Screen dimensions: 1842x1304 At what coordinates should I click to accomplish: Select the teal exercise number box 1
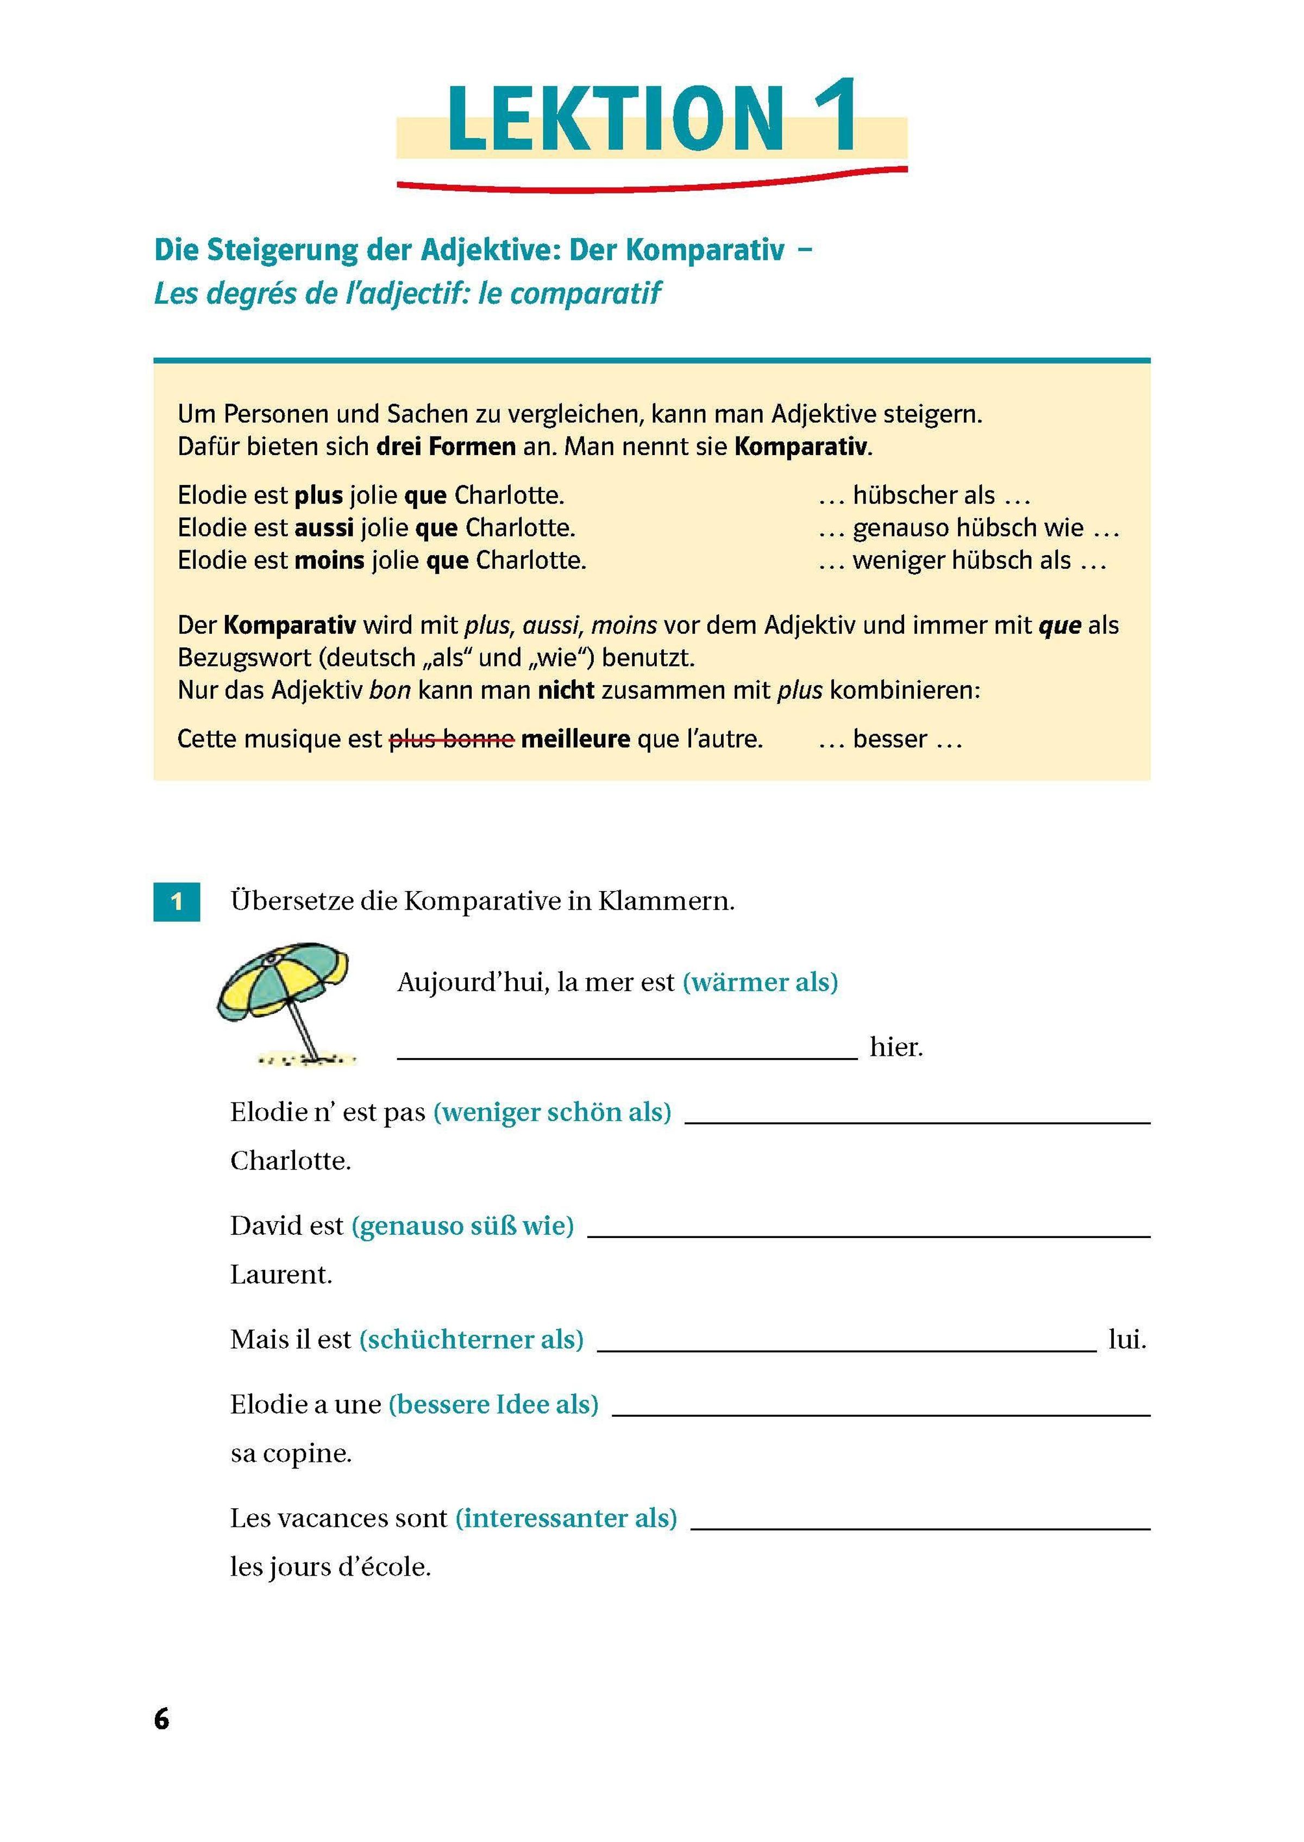pos(177,901)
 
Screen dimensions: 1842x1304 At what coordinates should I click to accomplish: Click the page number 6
pos(161,1719)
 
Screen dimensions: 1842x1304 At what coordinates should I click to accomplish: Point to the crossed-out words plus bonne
pos(452,738)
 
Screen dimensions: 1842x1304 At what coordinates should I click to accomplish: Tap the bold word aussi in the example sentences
pos(324,528)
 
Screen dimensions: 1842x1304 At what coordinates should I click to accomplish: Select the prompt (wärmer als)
pos(760,982)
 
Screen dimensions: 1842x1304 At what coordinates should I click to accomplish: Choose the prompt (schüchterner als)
pos(471,1339)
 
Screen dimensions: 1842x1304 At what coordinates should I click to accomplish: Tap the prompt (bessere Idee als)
pos(493,1404)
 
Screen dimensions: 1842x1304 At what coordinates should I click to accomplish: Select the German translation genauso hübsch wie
pos(968,528)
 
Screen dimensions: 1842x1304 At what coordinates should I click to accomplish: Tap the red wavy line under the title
pos(652,183)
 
